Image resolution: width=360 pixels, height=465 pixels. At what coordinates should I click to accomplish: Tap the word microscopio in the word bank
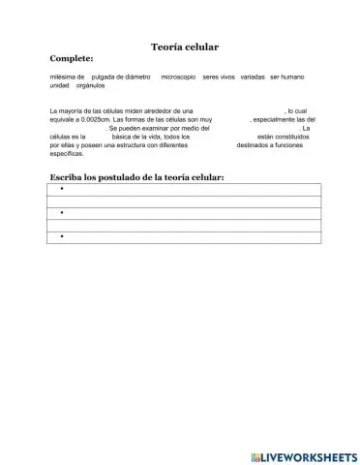178,77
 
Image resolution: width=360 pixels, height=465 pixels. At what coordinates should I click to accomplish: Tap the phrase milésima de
67,77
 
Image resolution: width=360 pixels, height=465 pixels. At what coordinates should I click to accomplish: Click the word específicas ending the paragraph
68,153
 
